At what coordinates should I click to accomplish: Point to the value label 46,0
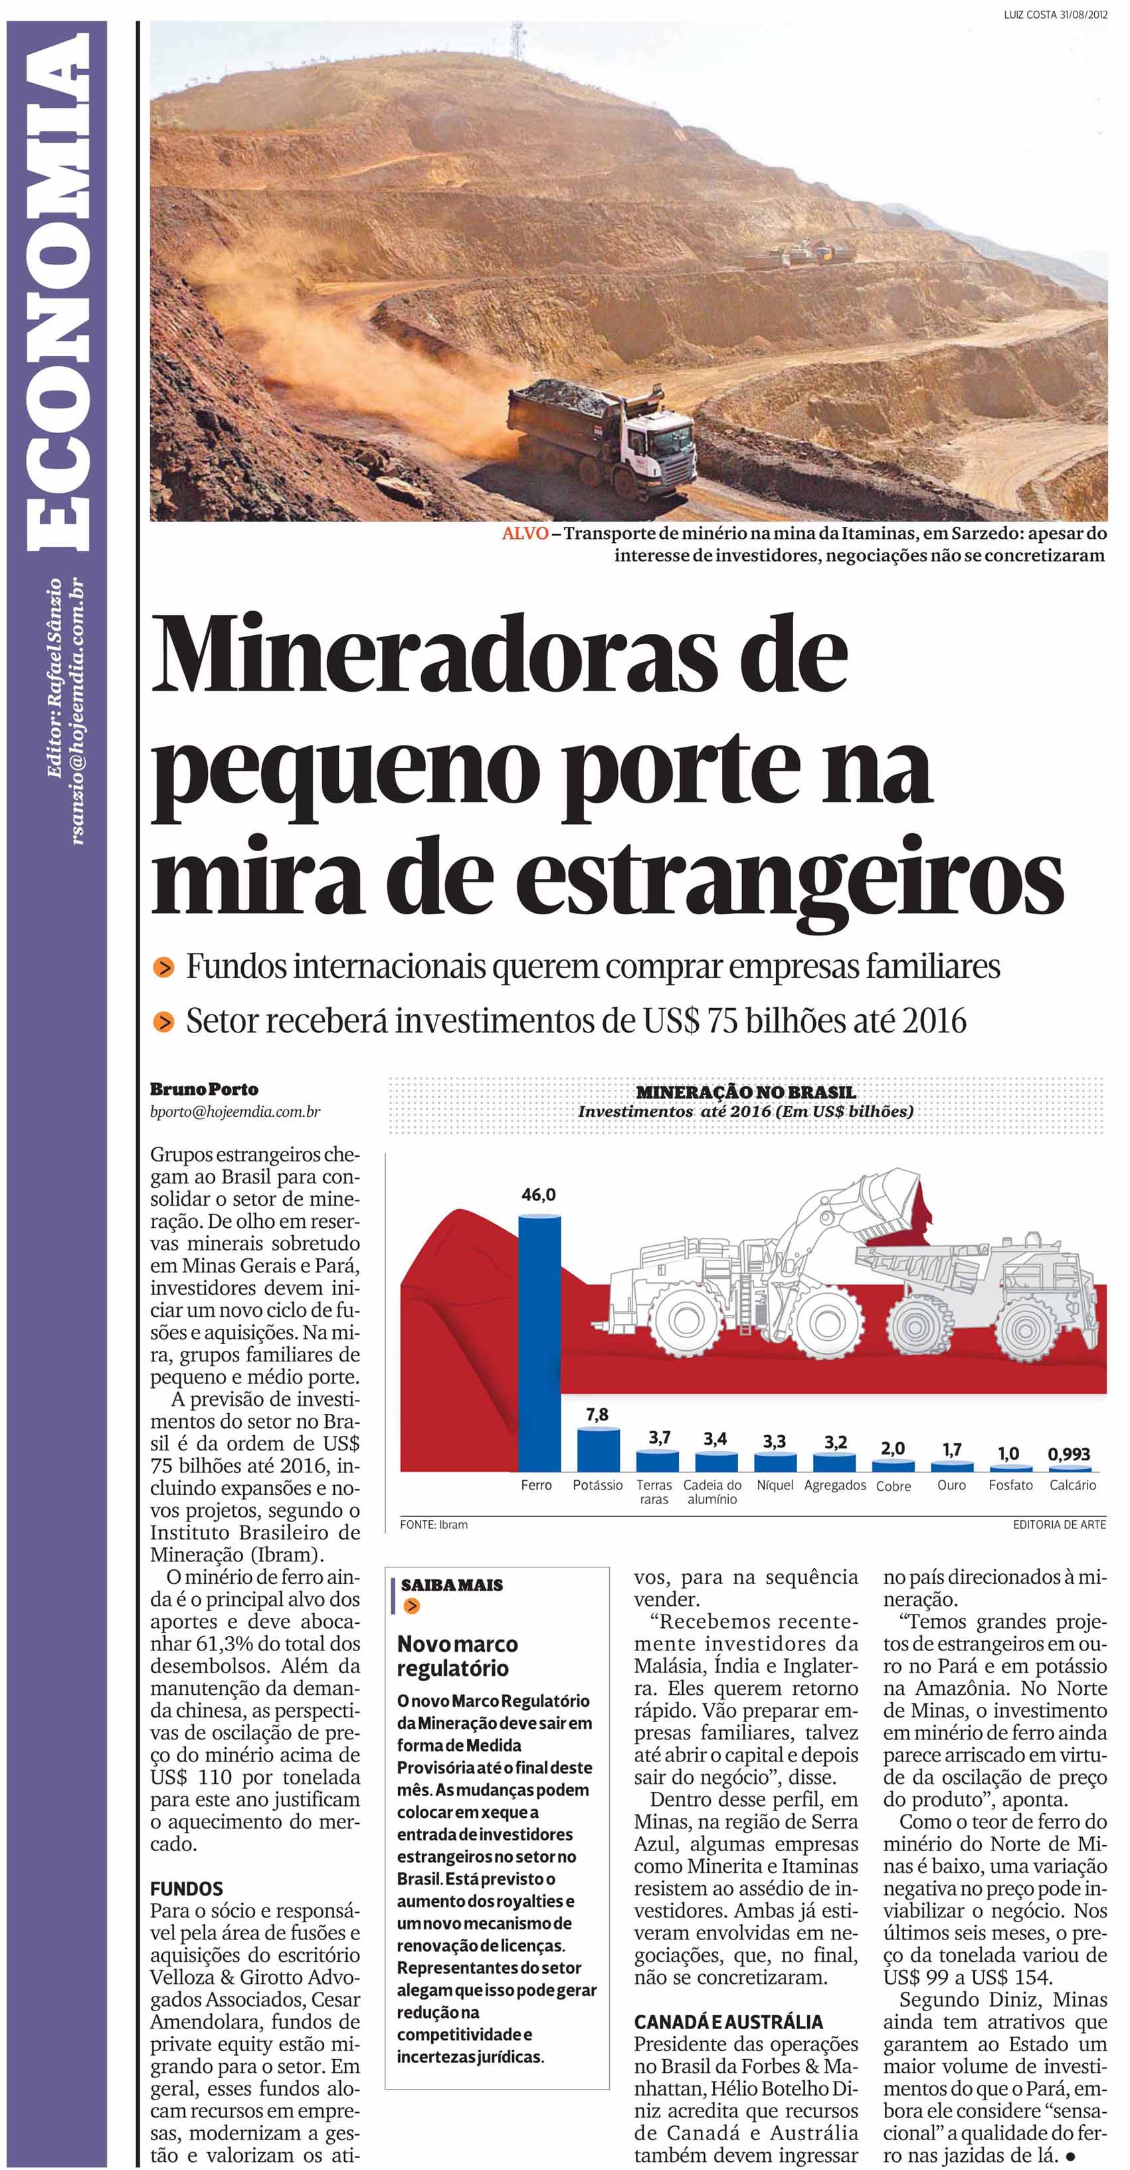coord(539,1195)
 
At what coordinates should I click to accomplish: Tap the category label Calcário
coord(1072,1485)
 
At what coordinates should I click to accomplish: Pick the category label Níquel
coord(775,1485)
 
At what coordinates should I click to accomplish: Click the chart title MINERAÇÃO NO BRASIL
coord(745,1092)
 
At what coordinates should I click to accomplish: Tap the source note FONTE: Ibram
coord(434,1525)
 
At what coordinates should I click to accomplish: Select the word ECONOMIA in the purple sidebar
coord(58,292)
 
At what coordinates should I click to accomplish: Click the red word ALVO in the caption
coord(525,534)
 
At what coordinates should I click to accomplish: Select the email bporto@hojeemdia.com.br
coord(235,1112)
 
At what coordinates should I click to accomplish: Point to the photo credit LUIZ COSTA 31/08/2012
coord(1054,13)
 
